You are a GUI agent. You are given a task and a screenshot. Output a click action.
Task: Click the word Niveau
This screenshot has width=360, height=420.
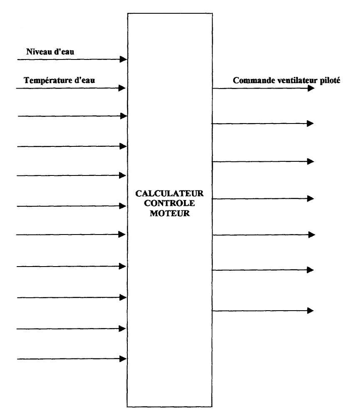(39, 52)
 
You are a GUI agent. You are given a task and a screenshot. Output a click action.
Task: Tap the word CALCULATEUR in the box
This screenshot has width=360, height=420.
(169, 193)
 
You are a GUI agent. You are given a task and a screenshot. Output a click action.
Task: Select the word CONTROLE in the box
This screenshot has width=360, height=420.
(169, 203)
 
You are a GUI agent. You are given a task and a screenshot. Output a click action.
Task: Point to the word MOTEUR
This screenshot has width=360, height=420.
(170, 213)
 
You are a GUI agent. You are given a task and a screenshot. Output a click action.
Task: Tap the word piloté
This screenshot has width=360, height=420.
(330, 81)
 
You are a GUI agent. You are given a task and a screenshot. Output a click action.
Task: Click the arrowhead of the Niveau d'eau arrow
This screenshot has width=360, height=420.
(123, 59)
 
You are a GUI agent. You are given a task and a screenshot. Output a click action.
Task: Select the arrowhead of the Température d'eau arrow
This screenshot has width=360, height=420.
(122, 88)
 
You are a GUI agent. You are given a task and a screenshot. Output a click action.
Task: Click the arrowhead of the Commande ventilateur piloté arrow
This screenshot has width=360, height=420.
(311, 88)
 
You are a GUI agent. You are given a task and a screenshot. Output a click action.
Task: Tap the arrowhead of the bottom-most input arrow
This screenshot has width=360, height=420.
(123, 358)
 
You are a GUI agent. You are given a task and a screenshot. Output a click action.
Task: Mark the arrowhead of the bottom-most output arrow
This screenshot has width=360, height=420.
(310, 311)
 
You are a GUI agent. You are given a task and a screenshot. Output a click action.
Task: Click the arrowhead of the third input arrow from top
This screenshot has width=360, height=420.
(124, 116)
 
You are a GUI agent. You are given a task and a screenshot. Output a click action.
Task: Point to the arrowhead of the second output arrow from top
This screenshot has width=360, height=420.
(310, 124)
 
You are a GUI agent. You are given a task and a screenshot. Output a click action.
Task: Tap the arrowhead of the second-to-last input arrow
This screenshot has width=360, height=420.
(122, 329)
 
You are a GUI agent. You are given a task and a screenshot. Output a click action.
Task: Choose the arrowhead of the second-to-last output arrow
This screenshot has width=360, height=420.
(310, 270)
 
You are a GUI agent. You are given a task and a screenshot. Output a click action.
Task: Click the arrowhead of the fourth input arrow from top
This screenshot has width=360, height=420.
(123, 146)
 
